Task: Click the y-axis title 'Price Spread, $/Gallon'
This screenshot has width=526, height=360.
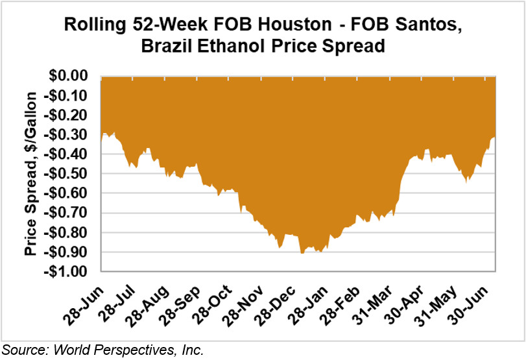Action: (30, 174)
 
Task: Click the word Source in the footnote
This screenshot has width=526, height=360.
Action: (22, 350)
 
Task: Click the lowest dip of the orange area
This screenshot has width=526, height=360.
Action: (302, 252)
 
